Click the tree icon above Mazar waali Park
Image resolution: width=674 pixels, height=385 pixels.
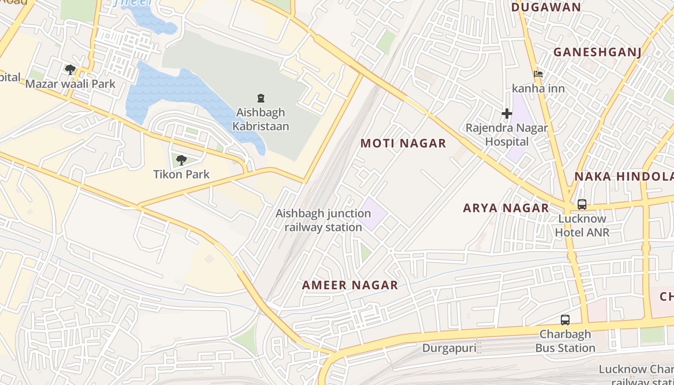point(70,70)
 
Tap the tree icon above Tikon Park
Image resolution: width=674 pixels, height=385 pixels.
point(181,160)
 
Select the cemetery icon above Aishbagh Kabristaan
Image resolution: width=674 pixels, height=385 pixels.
point(261,99)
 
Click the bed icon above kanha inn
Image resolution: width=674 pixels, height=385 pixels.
point(538,74)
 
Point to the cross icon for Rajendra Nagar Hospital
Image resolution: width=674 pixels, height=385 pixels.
point(506,114)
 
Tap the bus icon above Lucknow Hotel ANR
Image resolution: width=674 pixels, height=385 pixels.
point(582,205)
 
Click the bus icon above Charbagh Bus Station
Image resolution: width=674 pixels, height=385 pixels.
point(565,320)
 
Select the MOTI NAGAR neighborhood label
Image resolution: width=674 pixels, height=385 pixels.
point(403,143)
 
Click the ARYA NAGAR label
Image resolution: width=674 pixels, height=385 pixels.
point(505,208)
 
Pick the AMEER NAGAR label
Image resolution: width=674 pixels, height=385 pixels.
point(350,285)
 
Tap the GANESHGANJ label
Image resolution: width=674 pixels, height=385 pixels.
point(597,52)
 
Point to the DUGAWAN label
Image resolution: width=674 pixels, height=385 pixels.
point(546,7)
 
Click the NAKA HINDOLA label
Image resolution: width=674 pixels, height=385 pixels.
point(623,176)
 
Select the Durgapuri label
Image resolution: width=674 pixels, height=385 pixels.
point(449,348)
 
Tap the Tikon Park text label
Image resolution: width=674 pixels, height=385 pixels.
point(181,174)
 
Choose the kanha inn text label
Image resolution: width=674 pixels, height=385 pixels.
point(538,89)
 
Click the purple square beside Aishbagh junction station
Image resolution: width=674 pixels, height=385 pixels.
point(374,213)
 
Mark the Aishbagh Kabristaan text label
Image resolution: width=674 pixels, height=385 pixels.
point(261,119)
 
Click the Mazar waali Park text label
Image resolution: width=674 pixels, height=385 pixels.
point(70,84)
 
